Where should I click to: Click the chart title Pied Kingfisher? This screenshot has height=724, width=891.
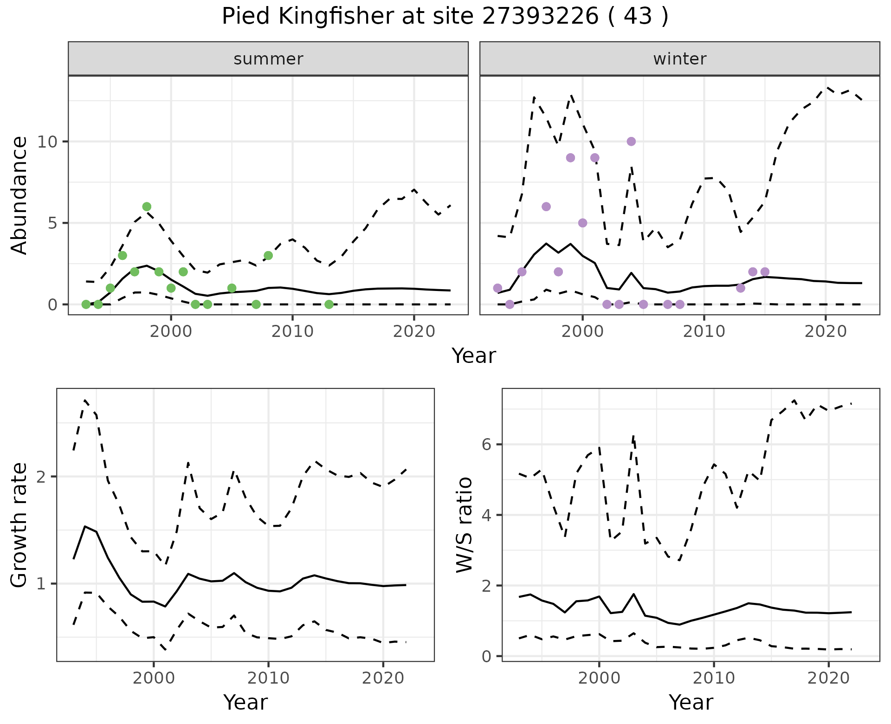[445, 17]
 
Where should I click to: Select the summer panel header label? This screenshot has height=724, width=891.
[268, 59]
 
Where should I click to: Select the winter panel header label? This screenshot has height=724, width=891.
[679, 59]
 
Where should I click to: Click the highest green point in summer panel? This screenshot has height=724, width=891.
[147, 207]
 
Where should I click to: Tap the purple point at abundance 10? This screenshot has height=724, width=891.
[631, 142]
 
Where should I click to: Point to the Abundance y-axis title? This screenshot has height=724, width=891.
[19, 195]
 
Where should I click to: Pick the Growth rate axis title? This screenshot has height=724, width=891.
[19, 524]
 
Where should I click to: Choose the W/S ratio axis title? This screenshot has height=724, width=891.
[465, 524]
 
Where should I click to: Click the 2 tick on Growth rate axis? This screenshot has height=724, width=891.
[41, 477]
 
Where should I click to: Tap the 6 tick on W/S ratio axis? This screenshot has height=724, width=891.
[486, 445]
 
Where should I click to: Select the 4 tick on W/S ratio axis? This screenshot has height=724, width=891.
[486, 515]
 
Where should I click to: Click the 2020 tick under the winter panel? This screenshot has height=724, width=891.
[825, 331]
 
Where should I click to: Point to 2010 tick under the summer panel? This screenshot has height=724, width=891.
[292, 331]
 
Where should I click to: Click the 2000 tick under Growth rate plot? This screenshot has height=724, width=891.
[154, 678]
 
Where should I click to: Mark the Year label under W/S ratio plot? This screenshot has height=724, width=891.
[691, 703]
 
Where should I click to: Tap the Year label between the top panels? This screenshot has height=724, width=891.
[473, 356]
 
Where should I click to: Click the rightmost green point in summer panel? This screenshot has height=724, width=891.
[329, 304]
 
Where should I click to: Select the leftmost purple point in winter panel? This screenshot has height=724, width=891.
[497, 288]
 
